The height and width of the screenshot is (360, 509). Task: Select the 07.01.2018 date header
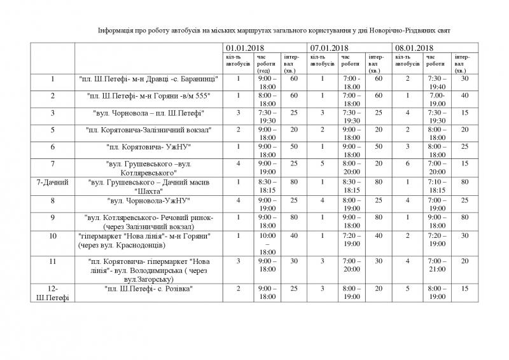[x=328, y=48]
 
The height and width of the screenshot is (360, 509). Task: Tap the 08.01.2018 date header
[x=414, y=48]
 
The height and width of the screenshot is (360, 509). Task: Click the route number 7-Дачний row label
[x=53, y=183]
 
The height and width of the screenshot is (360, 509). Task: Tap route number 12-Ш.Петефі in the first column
[x=53, y=293]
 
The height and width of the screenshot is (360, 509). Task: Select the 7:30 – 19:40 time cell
[x=436, y=82]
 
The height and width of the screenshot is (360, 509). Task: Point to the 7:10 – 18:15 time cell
[x=436, y=186]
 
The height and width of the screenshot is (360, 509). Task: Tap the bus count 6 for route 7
[x=408, y=165]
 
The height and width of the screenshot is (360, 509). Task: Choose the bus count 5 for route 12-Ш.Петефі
[x=408, y=289]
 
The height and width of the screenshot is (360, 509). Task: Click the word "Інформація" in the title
[x=118, y=31]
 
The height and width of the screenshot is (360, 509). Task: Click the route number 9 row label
[x=53, y=218]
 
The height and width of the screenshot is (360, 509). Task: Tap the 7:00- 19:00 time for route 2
[x=436, y=99]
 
